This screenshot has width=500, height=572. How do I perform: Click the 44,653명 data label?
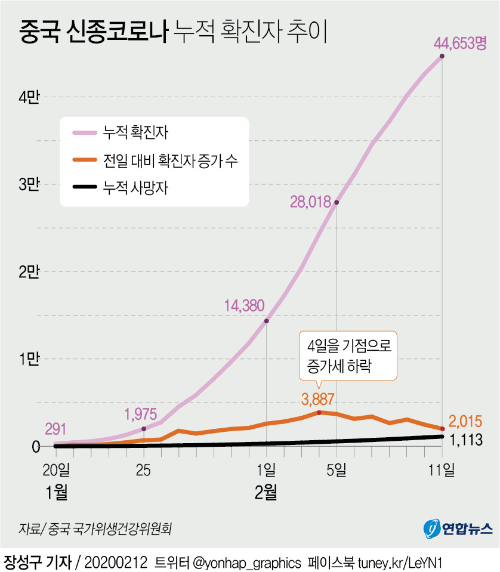(461, 43)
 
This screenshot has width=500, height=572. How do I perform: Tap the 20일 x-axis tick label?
(57, 470)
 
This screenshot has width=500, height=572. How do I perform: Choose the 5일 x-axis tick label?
(337, 470)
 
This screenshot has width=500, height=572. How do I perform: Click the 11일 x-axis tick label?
(442, 470)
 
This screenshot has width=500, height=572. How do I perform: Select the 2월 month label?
(266, 493)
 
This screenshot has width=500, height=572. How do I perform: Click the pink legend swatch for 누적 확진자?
(85, 133)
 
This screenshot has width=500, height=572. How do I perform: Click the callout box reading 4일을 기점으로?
(347, 355)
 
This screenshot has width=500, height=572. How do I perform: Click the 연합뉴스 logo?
(458, 527)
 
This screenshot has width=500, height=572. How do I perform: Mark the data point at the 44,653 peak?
(442, 57)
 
